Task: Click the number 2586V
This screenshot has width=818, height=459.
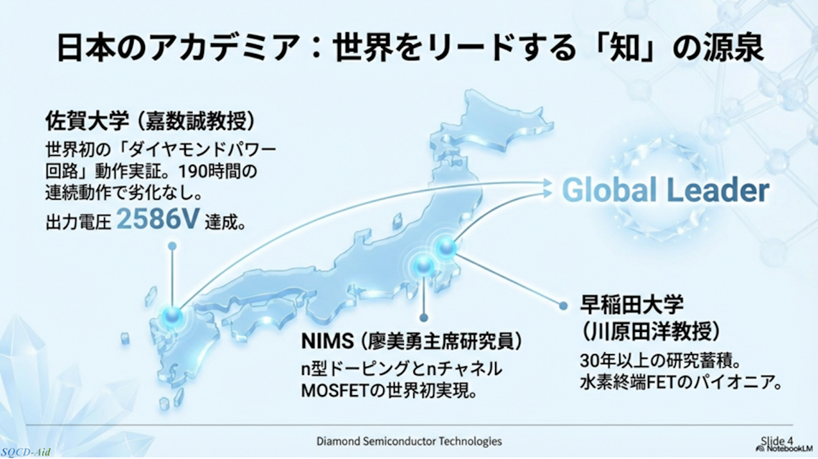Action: coord(158,219)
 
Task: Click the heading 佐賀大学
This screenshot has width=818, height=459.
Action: coord(87,121)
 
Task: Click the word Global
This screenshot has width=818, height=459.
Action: coord(609,190)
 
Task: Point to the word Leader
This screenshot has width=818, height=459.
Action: coord(718,190)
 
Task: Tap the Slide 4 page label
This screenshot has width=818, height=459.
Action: coord(777,441)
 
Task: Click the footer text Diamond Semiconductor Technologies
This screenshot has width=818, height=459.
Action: coord(409,441)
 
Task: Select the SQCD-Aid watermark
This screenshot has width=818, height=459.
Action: coord(26,453)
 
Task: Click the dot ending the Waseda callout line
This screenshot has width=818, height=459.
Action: coord(563,306)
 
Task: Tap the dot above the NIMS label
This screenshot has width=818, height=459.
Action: coord(423,317)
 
